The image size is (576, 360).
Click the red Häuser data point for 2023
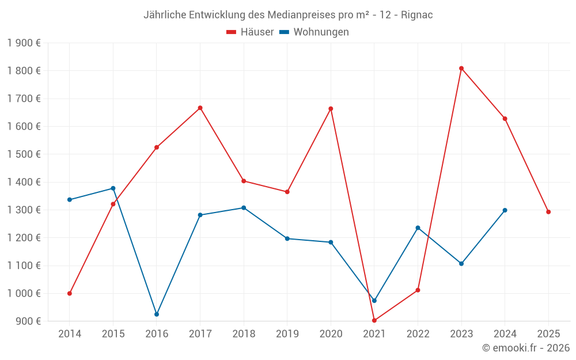click(x=461, y=69)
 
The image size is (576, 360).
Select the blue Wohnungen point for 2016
click(x=157, y=314)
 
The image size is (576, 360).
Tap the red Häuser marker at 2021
click(x=374, y=320)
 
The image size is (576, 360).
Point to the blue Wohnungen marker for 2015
click(x=113, y=188)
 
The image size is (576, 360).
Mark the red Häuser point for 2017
click(x=200, y=108)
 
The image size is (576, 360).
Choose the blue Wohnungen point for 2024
click(x=505, y=210)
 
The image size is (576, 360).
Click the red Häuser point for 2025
click(x=548, y=212)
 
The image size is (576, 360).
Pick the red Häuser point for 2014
click(x=70, y=293)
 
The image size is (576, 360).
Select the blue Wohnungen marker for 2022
click(x=418, y=228)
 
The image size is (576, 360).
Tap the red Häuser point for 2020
click(x=331, y=108)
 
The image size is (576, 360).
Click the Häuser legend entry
click(x=251, y=32)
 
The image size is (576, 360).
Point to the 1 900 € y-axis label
click(x=24, y=43)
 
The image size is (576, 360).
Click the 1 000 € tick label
click(x=24, y=293)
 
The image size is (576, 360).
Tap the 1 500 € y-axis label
click(x=24, y=154)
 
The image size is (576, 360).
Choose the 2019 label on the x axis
click(x=287, y=334)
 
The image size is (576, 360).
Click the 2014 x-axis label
click(x=70, y=334)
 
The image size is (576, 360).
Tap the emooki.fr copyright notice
click(x=526, y=348)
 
